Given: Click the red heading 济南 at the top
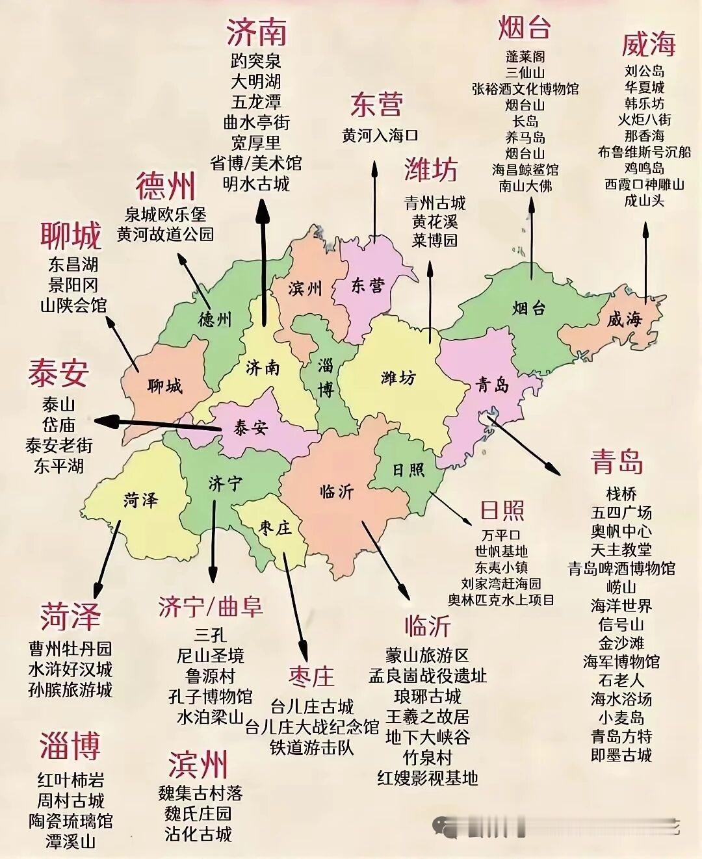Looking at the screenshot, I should [257, 31].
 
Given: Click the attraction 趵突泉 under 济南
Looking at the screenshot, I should [256, 61].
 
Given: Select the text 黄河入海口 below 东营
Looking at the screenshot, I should [380, 135].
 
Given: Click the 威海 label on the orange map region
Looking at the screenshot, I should [624, 319].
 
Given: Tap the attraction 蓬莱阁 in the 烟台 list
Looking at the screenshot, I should [525, 57].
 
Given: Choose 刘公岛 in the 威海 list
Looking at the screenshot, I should [644, 71].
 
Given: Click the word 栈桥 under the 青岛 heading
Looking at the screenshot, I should [621, 494].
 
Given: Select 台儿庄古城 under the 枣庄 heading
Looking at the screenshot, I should [312, 706].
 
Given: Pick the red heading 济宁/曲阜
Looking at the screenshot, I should [211, 606].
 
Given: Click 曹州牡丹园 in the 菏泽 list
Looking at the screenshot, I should [70, 648].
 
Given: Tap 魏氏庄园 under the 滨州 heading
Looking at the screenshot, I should [198, 813].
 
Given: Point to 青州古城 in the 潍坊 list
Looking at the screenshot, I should [435, 203].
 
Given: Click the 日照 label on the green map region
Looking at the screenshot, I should [408, 469].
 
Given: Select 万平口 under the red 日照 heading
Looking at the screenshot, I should [500, 535].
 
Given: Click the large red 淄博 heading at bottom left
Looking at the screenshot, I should [70, 745].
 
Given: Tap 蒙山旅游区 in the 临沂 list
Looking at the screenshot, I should [427, 655].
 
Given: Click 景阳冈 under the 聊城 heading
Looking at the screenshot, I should [73, 285].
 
